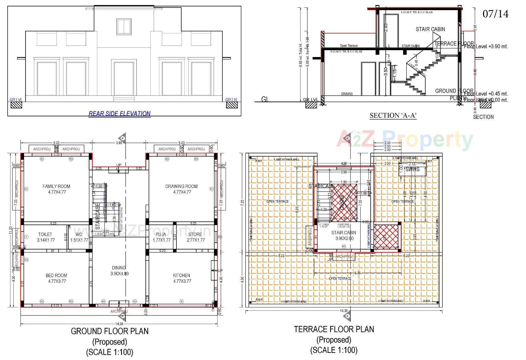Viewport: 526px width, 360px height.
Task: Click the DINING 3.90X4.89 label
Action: coord(119,271)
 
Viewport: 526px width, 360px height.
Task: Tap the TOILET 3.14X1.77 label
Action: coord(45,237)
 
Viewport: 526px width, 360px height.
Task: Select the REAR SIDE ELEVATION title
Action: coord(119,114)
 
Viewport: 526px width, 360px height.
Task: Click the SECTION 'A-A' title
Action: coord(393,116)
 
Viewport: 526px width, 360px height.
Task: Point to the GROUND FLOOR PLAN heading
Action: coord(110,331)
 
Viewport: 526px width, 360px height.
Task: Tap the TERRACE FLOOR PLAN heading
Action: coord(334,329)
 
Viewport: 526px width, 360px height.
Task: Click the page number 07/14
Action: coord(495,14)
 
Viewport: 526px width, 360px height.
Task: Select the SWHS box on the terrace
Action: coord(412,169)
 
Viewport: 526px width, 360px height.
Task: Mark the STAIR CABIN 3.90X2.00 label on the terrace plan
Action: coord(344,236)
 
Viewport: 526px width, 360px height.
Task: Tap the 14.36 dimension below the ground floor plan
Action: coord(119,324)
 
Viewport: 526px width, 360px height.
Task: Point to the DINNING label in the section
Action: coord(347,94)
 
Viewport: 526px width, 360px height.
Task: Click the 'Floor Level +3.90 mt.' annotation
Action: coord(486,47)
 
